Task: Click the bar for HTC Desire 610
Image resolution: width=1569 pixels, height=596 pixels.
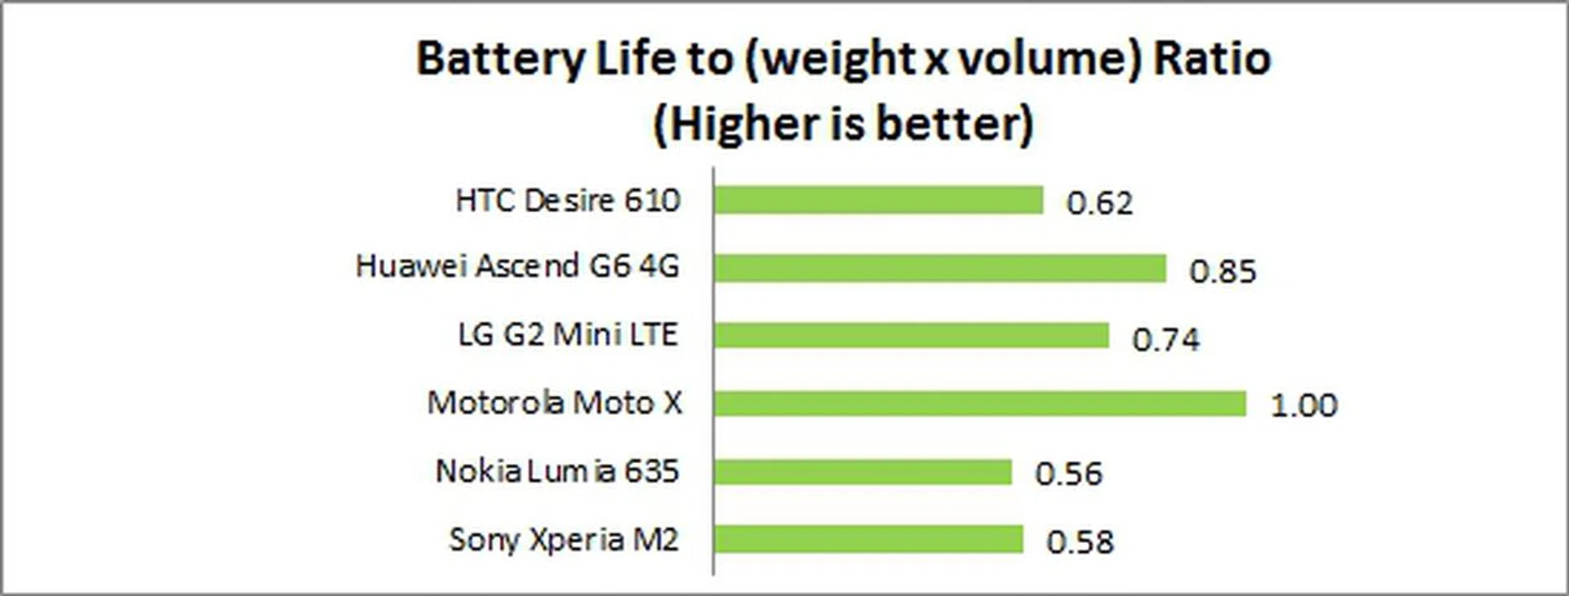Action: pyautogui.click(x=878, y=200)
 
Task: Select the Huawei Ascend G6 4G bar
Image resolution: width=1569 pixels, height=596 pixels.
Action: pyautogui.click(x=939, y=268)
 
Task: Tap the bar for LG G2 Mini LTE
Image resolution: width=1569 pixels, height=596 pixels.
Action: pyautogui.click(x=910, y=336)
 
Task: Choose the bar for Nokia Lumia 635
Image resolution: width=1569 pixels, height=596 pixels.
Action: pyautogui.click(x=862, y=472)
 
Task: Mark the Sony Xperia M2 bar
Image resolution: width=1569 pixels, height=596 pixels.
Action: pyautogui.click(x=868, y=540)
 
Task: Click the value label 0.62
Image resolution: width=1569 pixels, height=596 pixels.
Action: pyautogui.click(x=1099, y=203)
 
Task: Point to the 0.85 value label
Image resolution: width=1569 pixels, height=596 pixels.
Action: pyautogui.click(x=1223, y=271)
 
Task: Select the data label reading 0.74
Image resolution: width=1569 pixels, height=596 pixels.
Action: pyautogui.click(x=1165, y=339)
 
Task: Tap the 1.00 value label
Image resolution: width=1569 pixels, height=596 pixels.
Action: pyautogui.click(x=1303, y=406)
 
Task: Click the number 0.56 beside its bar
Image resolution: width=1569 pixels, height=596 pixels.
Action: pyautogui.click(x=1068, y=474)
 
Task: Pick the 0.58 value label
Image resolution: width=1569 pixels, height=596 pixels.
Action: pyautogui.click(x=1080, y=542)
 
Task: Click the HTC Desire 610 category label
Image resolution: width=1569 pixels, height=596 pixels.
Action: pyautogui.click(x=568, y=200)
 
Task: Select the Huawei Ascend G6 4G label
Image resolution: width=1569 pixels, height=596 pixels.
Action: pyautogui.click(x=517, y=266)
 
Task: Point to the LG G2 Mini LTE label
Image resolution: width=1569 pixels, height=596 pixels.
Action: pyautogui.click(x=568, y=335)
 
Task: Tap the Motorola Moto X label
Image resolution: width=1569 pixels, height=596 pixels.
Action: pyautogui.click(x=554, y=403)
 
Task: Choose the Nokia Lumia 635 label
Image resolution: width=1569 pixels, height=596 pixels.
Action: pyautogui.click(x=557, y=471)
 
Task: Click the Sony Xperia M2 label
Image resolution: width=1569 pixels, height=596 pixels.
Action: pyautogui.click(x=564, y=540)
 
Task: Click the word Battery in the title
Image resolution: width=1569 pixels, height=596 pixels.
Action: pyautogui.click(x=501, y=60)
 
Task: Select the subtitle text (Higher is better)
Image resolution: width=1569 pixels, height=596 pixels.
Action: pyautogui.click(x=843, y=125)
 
